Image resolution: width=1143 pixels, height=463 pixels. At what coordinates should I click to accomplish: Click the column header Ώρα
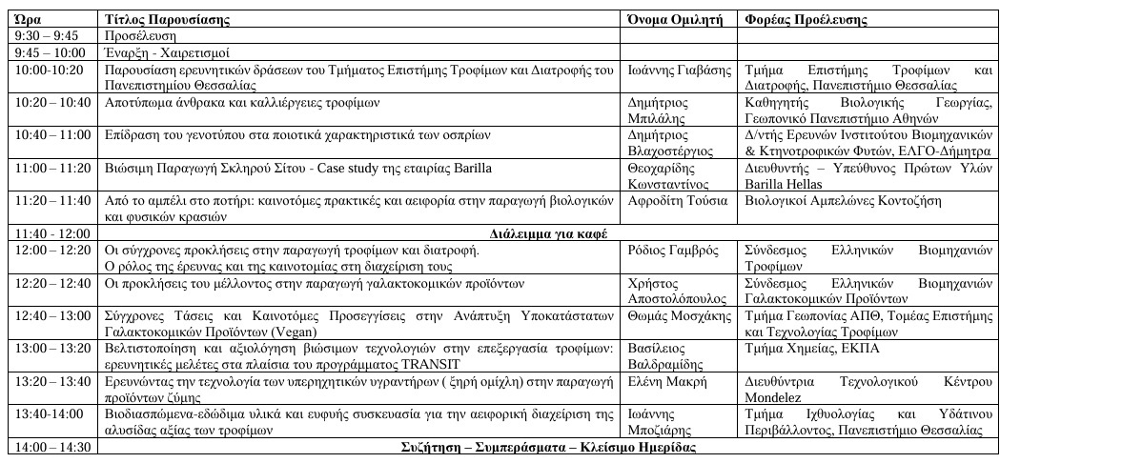29,19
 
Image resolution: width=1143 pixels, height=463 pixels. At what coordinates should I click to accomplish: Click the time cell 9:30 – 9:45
48,36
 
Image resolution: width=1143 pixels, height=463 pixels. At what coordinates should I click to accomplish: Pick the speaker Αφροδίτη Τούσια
678,201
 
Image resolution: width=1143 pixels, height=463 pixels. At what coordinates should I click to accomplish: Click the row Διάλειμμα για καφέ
548,233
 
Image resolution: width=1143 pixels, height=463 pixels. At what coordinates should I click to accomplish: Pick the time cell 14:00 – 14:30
53,447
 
